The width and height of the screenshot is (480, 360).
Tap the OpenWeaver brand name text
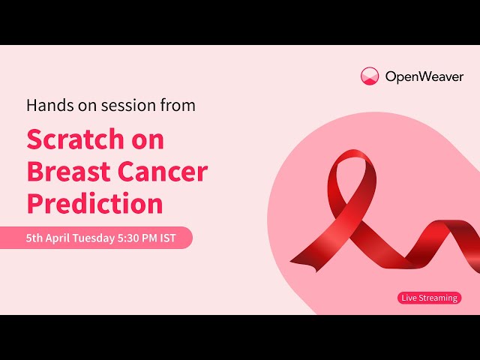click(424, 76)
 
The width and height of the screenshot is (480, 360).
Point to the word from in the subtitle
click(177, 106)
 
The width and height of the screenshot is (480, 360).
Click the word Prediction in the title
click(94, 204)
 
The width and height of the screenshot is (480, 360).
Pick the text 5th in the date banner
click(34, 238)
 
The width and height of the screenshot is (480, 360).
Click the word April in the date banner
click(60, 238)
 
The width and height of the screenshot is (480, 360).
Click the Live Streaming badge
click(429, 298)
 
